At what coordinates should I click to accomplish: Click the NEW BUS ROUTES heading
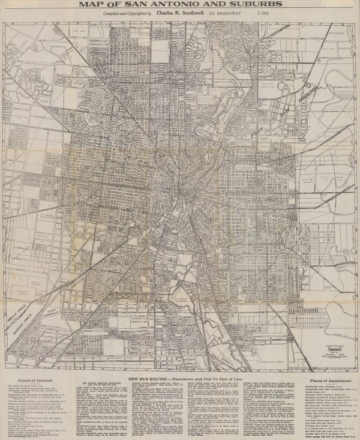click(x=151, y=380)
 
